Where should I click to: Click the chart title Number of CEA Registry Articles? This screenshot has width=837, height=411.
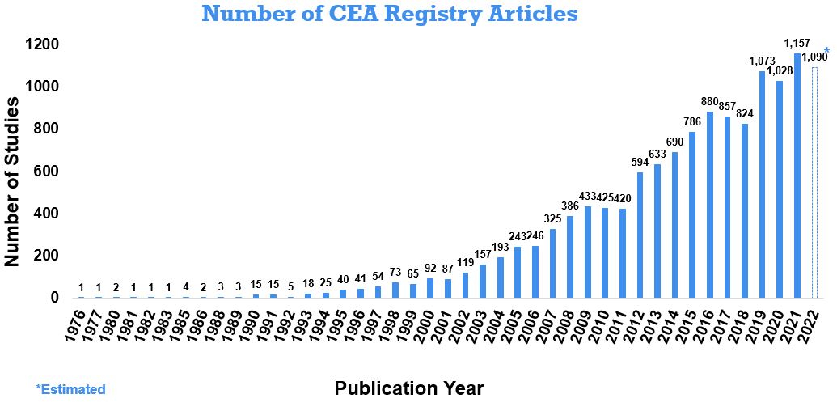[390, 14]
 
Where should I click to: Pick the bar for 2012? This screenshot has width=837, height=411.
[640, 235]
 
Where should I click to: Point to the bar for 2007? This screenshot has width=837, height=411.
[552, 264]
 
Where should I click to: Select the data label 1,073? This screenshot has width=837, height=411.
[762, 61]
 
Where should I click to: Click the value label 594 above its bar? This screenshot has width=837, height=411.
[640, 162]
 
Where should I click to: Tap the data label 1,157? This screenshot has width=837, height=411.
[797, 43]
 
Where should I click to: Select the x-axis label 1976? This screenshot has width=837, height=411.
[74, 321]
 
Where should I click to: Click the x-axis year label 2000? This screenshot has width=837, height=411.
[425, 321]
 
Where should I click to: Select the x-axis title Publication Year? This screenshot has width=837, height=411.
[409, 389]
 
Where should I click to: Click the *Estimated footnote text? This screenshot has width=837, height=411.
[70, 389]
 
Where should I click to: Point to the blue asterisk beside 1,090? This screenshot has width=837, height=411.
[826, 51]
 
